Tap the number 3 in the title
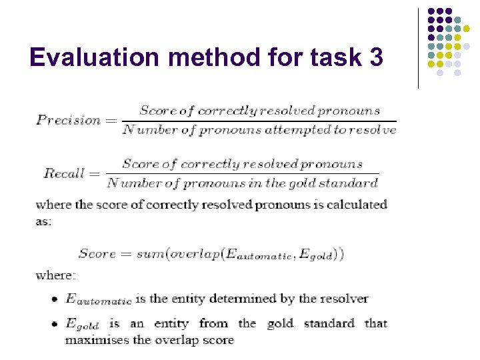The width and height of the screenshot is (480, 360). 375,58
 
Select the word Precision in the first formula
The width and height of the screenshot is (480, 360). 68,120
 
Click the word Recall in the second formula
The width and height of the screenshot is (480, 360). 65,173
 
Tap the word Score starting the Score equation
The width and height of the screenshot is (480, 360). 97,253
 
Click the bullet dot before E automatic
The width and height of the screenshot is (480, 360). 53,300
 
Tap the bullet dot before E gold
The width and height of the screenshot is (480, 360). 53,325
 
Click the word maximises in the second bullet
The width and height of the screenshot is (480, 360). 92,340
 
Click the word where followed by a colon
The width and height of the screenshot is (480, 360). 55,275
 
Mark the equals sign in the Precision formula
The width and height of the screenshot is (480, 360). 111,121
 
